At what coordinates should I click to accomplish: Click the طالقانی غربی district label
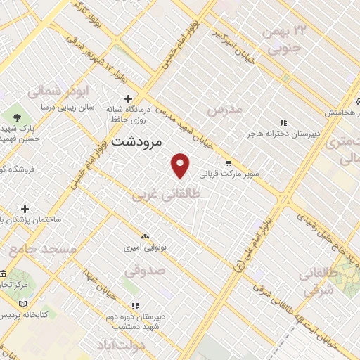point(166,194)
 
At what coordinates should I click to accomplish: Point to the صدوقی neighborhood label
point(145,269)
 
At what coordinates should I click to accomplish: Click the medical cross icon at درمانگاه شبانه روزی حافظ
point(127,99)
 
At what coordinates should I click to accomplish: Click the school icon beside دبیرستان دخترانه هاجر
point(283,122)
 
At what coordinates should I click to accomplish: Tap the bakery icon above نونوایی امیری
point(145,237)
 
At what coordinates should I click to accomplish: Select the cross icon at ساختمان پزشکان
point(25,209)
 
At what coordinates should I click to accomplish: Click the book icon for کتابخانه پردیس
point(22,303)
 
